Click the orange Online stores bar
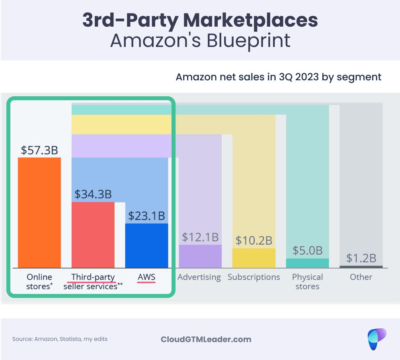coord(39,212)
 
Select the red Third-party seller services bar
coord(93,235)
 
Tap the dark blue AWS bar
coord(146,245)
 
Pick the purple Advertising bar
coord(200,256)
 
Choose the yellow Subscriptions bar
coord(254,258)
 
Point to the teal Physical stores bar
coord(307,263)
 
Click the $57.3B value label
coord(39,150)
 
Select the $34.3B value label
coord(93,195)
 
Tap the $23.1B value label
coord(146,216)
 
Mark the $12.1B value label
coord(200,237)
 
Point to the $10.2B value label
coord(254,241)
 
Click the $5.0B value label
coord(307,251)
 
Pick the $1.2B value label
coord(361,258)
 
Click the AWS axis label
coord(146,277)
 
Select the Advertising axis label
coord(199,277)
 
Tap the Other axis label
coord(361,277)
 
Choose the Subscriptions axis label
coord(254,277)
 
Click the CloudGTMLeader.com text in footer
coord(206,339)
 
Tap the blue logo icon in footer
coord(377,339)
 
